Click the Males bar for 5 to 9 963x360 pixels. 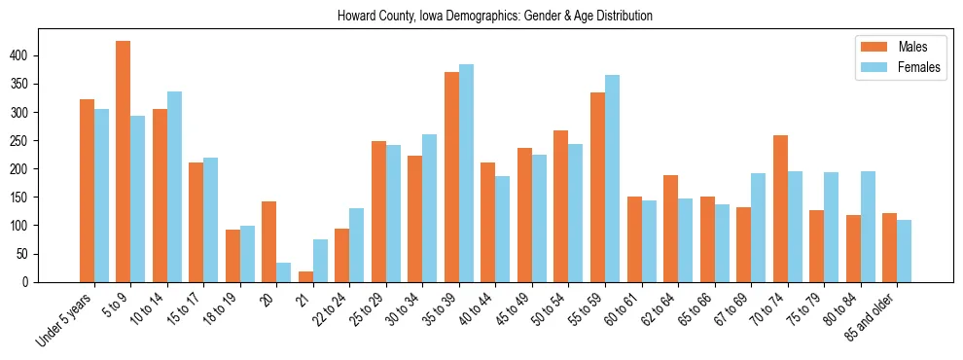pos(124,162)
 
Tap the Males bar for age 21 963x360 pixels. pos(305,276)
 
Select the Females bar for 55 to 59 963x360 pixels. pos(613,178)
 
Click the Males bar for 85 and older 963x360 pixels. pos(890,247)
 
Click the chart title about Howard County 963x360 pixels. pos(495,16)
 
